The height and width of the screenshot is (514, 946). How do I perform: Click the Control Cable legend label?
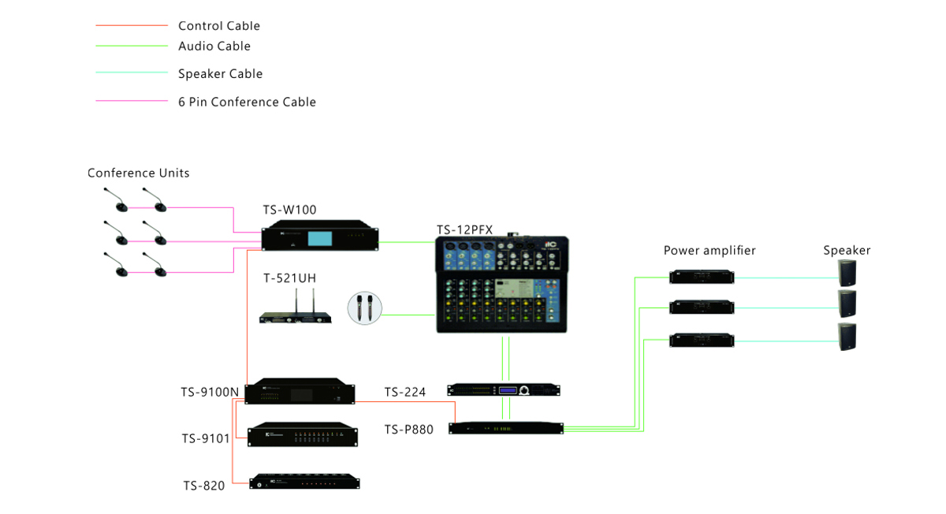click(218, 26)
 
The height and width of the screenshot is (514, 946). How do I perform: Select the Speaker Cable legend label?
click(220, 74)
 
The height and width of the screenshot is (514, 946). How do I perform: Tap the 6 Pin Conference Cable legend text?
click(247, 102)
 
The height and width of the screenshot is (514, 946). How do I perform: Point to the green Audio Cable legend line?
click(132, 47)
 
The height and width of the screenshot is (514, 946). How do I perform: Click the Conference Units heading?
click(139, 173)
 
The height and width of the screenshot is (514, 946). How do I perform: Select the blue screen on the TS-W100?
click(320, 239)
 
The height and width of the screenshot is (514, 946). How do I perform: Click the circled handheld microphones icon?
click(364, 307)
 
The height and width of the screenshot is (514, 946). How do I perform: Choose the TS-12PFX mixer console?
click(502, 285)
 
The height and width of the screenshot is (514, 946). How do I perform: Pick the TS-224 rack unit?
click(504, 389)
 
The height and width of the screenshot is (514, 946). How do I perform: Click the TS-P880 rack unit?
click(506, 428)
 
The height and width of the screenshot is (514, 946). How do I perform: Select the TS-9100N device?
click(300, 392)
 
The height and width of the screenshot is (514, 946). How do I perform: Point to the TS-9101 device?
click(303, 435)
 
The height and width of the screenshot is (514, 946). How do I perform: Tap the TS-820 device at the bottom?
click(304, 482)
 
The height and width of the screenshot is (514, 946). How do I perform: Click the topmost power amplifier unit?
click(702, 277)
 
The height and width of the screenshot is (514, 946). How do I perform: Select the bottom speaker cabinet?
click(847, 336)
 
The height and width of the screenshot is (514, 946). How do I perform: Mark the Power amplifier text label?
click(709, 251)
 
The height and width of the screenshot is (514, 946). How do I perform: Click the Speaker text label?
click(847, 251)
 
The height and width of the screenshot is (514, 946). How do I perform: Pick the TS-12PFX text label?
click(465, 229)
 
